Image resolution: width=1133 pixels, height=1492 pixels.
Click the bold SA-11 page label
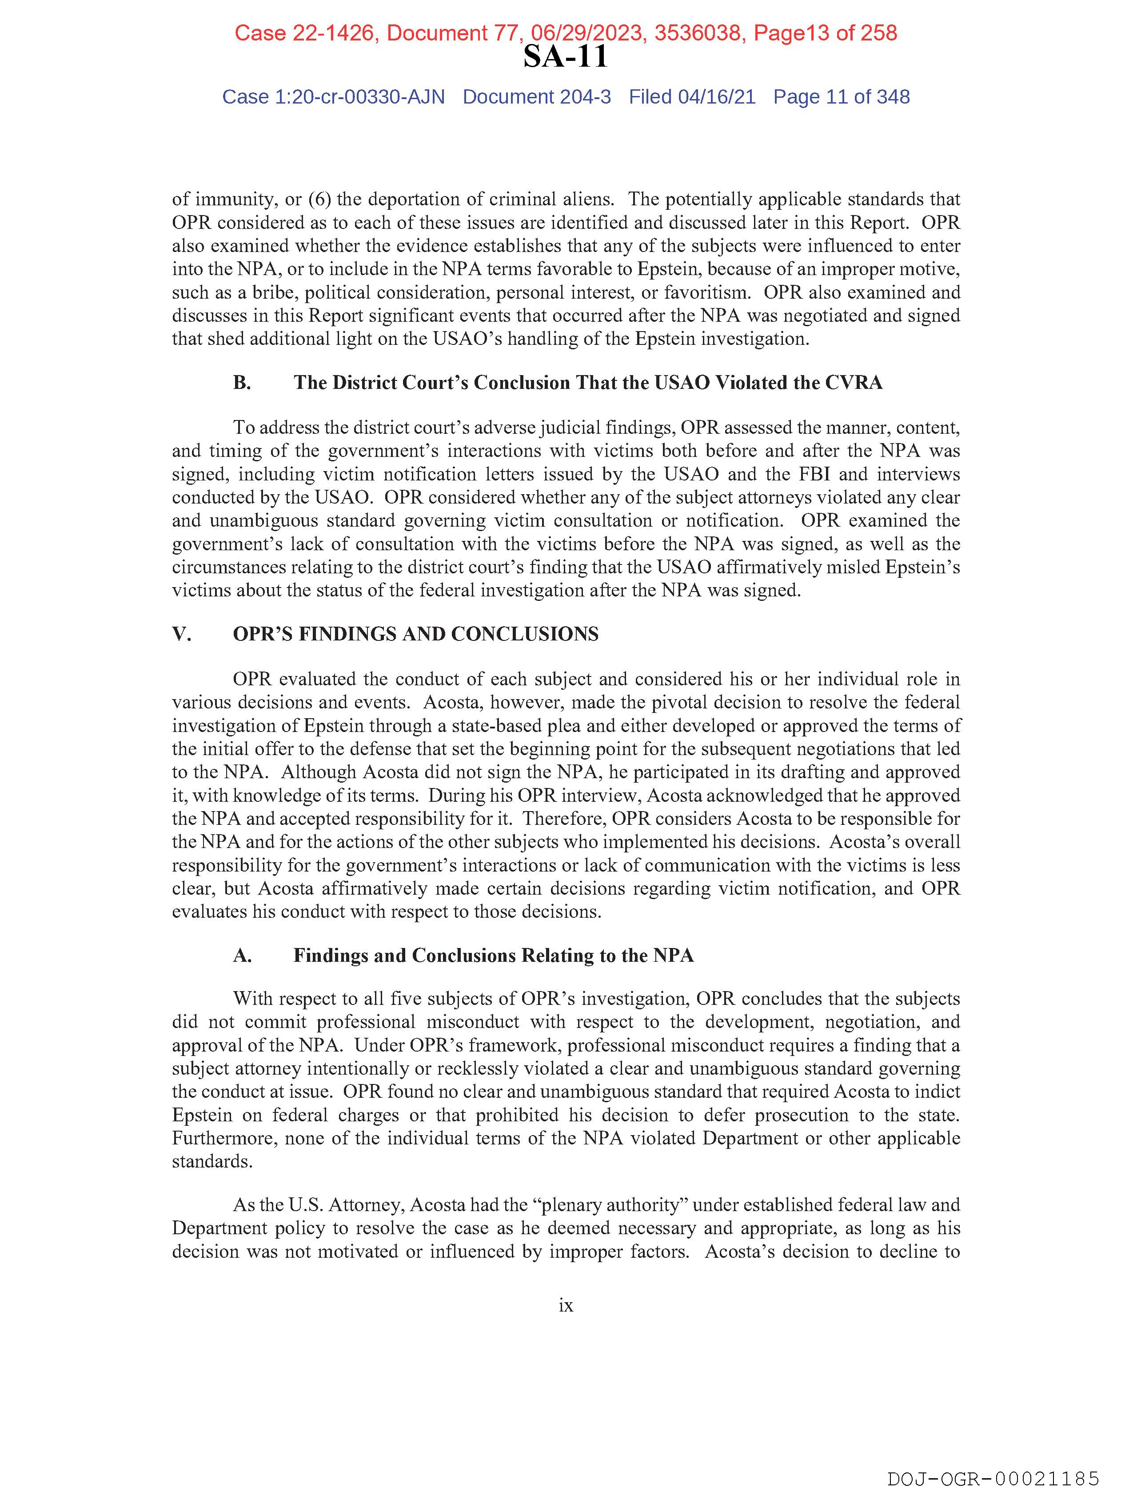pyautogui.click(x=565, y=56)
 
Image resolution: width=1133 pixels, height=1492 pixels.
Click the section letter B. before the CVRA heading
pyautogui.click(x=242, y=383)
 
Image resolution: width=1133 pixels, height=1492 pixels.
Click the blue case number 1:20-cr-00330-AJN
pyautogui.click(x=359, y=97)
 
